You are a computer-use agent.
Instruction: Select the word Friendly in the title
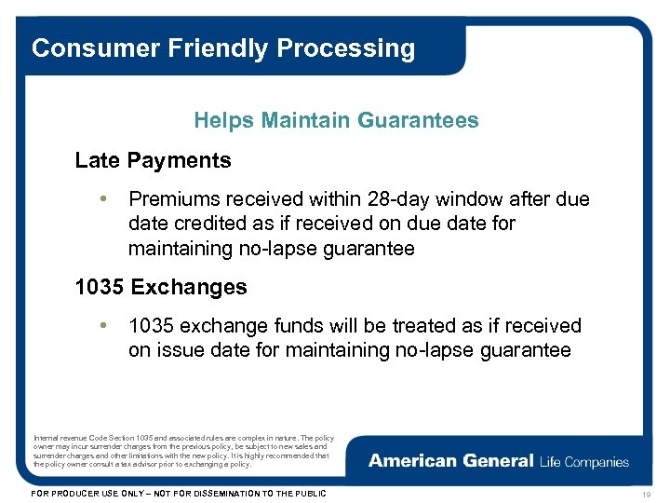pos(203,48)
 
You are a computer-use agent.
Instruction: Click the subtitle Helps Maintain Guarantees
pos(336,120)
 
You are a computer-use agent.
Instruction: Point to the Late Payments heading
pos(153,160)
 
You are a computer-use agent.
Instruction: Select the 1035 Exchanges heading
pos(161,287)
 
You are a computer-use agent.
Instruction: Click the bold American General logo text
pos(450,461)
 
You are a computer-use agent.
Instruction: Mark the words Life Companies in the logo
pos(583,461)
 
